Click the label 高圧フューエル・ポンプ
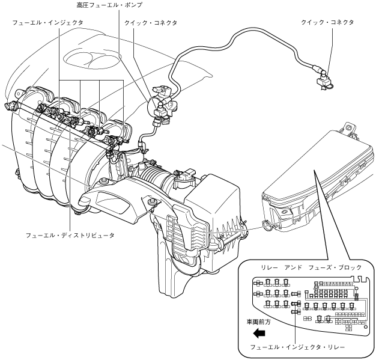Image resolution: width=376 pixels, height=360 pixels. tap(109, 5)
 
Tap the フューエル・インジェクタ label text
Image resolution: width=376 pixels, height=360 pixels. tap(47, 23)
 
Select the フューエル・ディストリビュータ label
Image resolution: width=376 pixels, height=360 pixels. tap(70, 235)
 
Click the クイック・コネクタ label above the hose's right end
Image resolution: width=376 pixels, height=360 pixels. tap(327, 23)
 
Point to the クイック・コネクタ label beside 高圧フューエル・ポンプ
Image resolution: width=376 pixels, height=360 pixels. tap(151, 23)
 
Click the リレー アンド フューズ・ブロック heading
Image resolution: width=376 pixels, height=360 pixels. tap(311, 267)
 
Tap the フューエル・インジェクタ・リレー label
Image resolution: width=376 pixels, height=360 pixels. tap(297, 347)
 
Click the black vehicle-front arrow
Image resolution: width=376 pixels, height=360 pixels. tap(259, 333)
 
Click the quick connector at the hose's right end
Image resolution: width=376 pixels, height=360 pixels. tap(324, 80)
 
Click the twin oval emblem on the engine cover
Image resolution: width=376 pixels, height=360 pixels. tap(92, 59)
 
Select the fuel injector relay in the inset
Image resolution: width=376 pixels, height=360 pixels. tap(296, 304)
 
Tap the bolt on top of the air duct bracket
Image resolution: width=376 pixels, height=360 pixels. tap(151, 202)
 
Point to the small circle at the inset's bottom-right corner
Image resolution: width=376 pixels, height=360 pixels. tap(365, 326)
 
